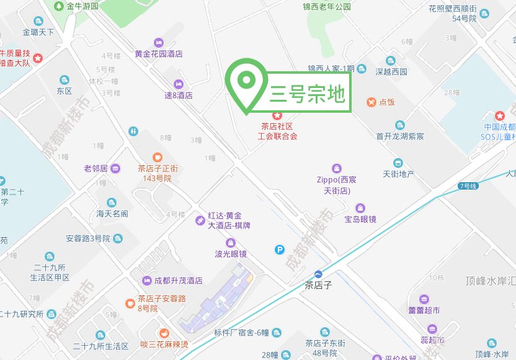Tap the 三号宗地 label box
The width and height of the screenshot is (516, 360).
coord(307,94)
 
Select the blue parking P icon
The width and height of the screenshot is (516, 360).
coord(280,250)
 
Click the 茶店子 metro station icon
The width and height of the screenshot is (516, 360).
coord(319,274)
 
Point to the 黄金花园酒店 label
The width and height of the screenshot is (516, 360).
coord(159,54)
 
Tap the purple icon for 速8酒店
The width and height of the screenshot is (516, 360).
coord(179,84)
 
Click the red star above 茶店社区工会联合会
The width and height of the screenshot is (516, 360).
coord(277,115)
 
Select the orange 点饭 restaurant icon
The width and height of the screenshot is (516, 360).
coord(371,102)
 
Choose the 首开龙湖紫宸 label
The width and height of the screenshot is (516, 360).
coord(400,136)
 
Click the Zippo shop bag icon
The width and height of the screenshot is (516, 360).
coord(337,168)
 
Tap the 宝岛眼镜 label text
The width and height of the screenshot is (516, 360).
coord(360,219)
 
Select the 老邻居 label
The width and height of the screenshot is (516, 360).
coord(96,169)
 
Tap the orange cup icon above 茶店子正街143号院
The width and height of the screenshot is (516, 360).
coord(158,157)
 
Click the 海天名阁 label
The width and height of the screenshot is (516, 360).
coord(112,214)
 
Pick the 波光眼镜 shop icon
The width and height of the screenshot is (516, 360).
coord(230,242)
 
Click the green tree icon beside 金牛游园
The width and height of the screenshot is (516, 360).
coord(58,6)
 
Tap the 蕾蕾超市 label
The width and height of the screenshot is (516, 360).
coord(424,310)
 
